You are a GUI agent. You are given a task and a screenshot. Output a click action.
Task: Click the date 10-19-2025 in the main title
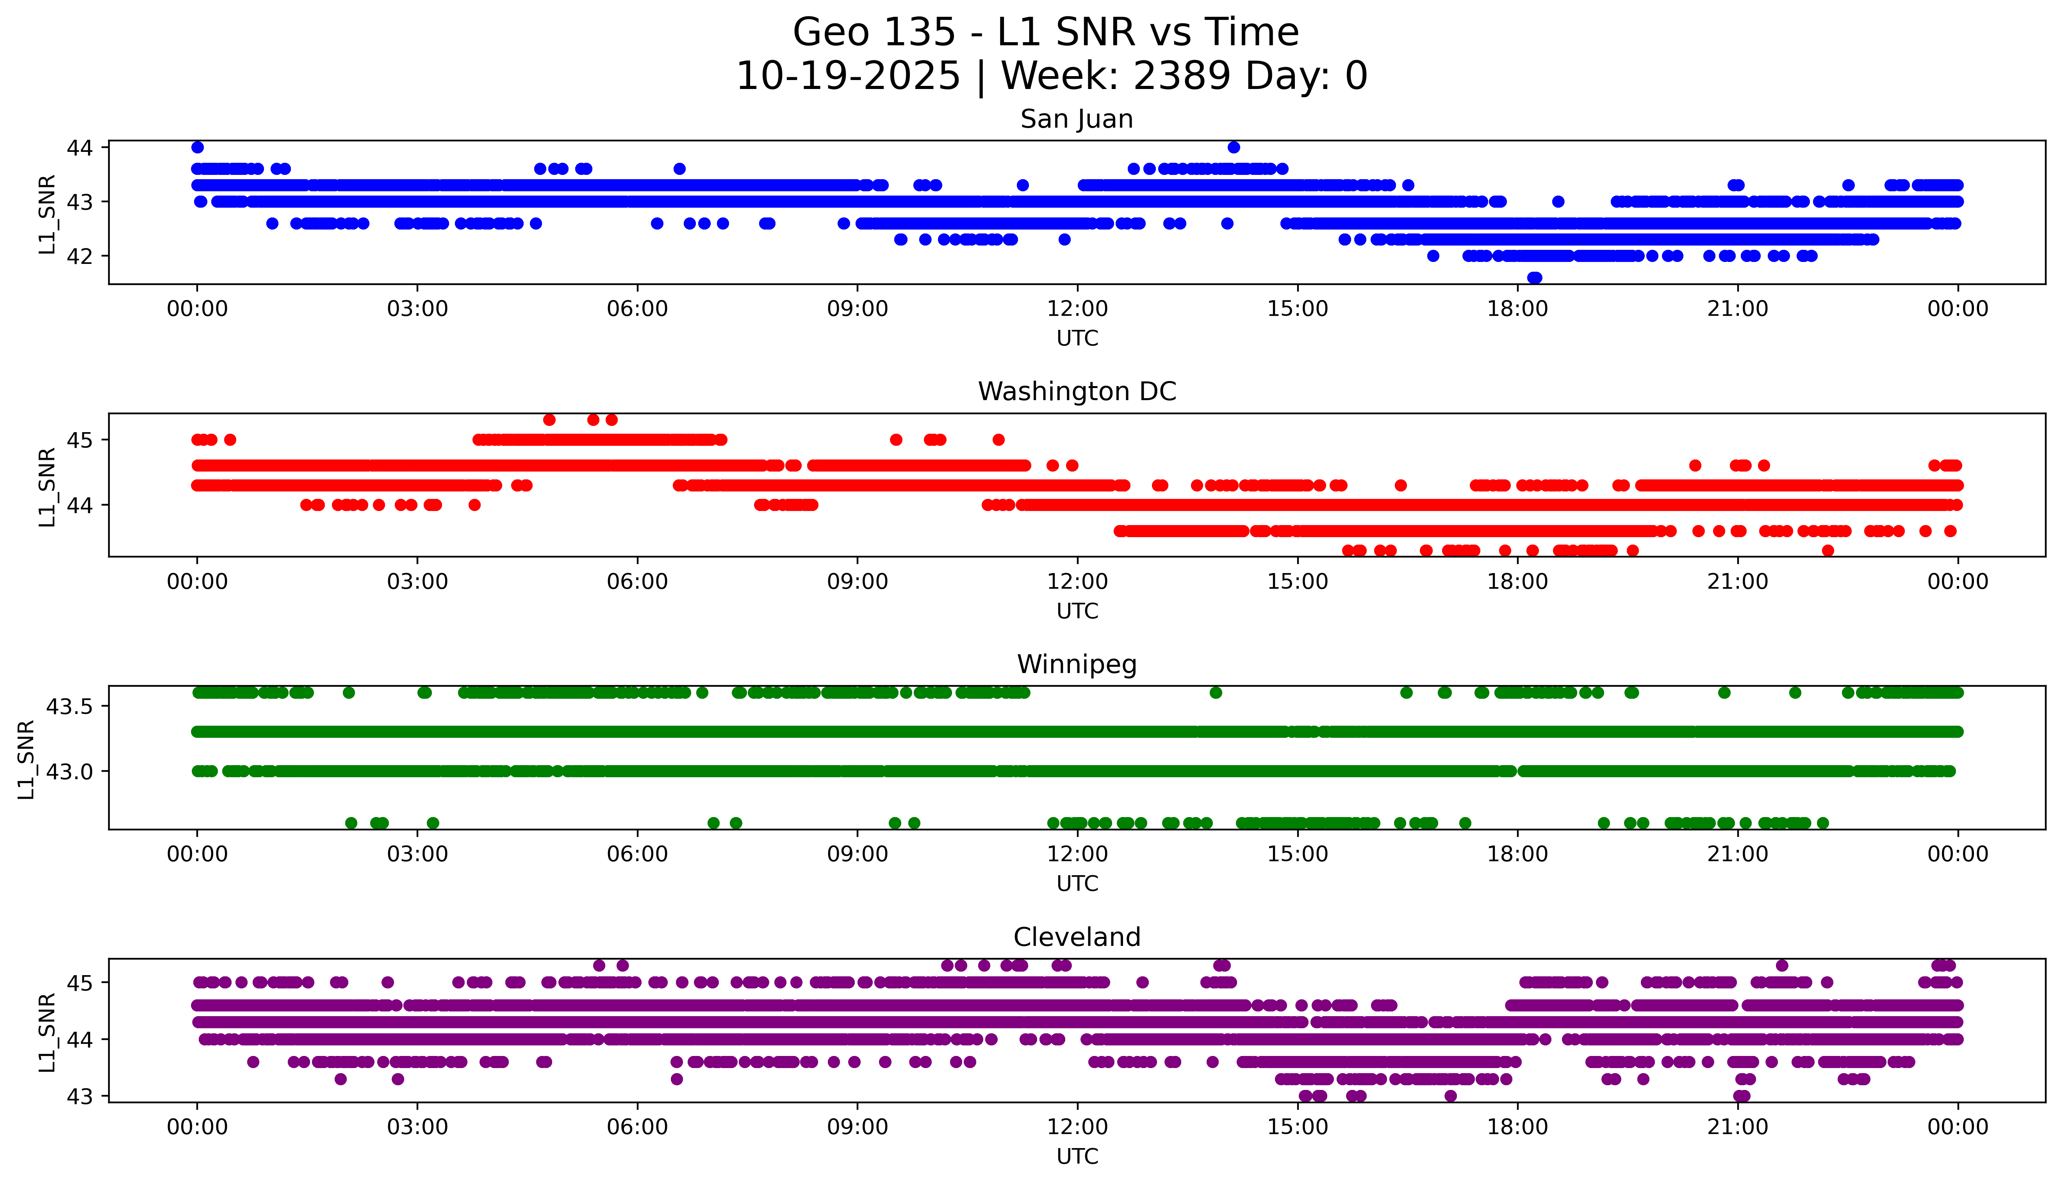[x=847, y=77]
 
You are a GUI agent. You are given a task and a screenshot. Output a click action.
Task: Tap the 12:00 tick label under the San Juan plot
[x=1077, y=309]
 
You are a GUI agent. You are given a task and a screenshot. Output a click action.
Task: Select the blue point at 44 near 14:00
[x=1233, y=147]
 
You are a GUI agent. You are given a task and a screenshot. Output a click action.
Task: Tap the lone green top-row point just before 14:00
[x=1215, y=693]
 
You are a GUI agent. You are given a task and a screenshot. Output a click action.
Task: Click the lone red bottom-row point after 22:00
[x=1827, y=550]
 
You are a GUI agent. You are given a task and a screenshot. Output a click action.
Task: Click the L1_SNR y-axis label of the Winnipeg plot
[x=27, y=759]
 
